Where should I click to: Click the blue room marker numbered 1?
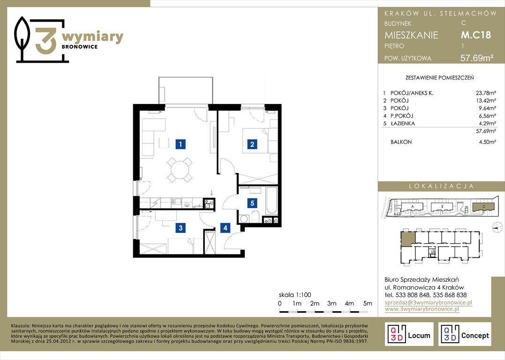181,144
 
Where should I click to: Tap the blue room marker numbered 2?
252,144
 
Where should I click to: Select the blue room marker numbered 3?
181,228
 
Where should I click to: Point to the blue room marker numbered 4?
225,228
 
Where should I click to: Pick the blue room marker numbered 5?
252,203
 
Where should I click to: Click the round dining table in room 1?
180,170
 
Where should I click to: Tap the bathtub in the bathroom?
271,201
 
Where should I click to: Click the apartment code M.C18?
476,35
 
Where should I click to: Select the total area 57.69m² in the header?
477,58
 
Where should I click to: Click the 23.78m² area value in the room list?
486,93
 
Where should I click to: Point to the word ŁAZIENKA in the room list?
403,123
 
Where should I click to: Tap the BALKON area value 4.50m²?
487,142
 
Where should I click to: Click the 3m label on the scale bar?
332,303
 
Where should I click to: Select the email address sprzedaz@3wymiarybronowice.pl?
429,302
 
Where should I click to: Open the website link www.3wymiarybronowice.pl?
422,309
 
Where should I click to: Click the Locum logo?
409,334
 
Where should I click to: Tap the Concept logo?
465,334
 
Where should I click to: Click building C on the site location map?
483,207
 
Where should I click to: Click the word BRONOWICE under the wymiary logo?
80,47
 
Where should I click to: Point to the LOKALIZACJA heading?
442,186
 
